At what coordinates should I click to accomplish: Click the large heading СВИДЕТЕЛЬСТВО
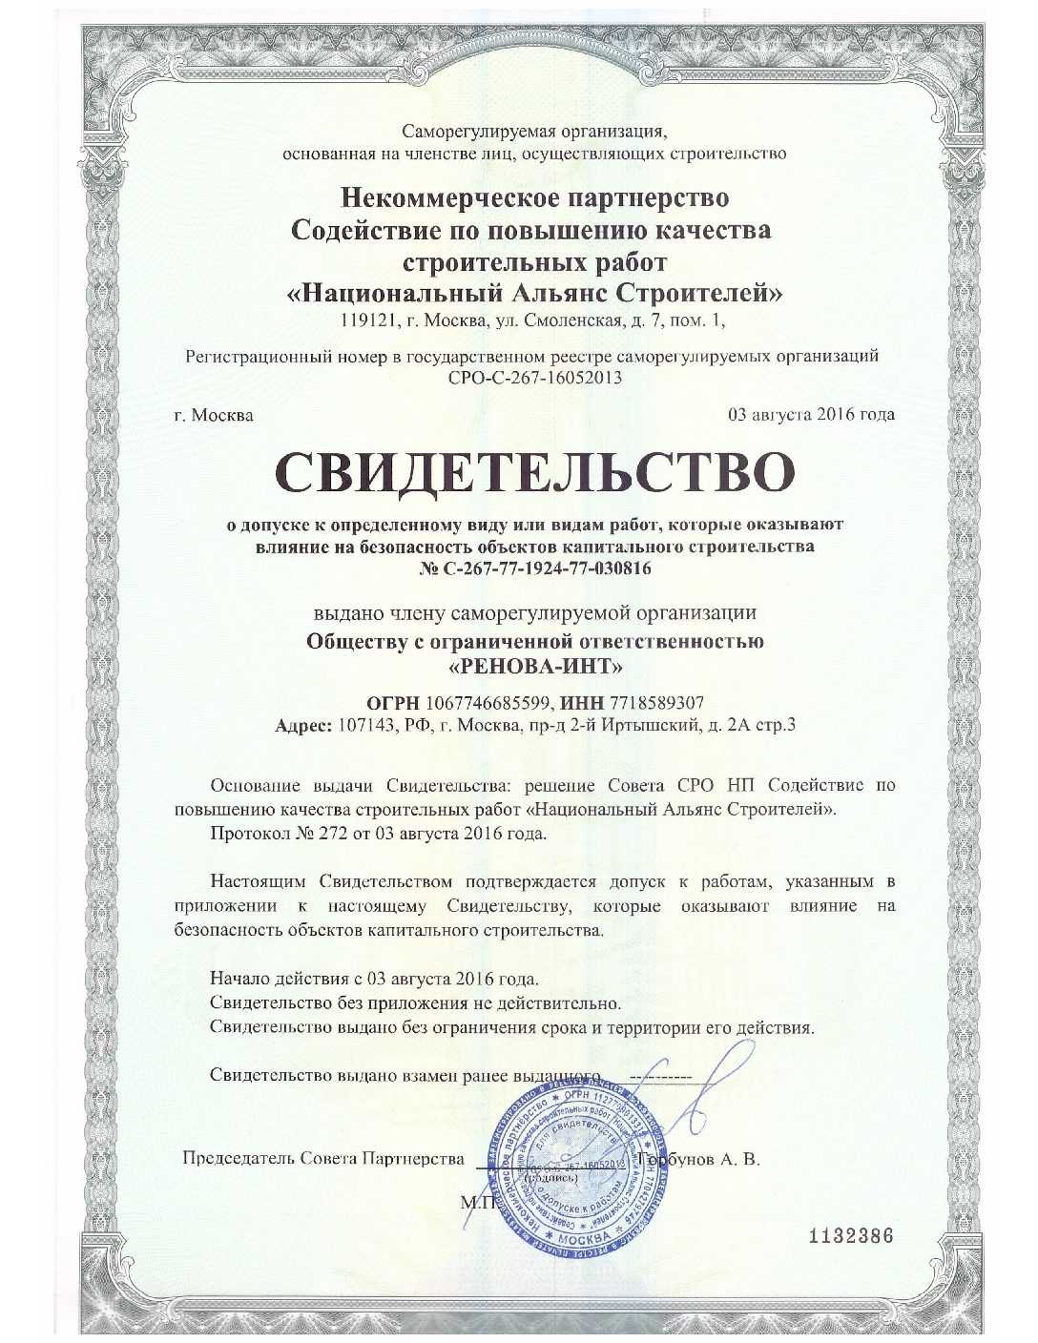[x=534, y=472]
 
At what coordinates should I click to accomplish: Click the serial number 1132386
[x=850, y=1238]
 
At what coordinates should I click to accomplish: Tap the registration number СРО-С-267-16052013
[x=534, y=378]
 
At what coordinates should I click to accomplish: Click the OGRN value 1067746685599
[x=489, y=703]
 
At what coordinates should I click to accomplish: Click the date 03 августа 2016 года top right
[x=811, y=415]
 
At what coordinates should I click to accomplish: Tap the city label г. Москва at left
[x=215, y=415]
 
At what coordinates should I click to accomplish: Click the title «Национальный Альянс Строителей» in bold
[x=534, y=292]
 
